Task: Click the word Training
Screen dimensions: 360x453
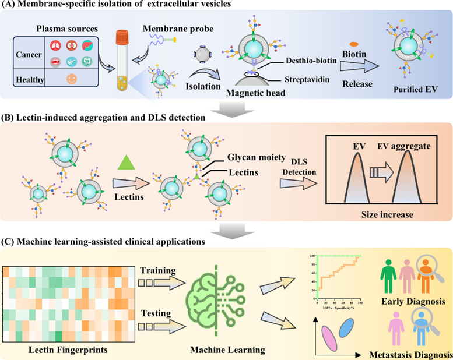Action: [x=156, y=271]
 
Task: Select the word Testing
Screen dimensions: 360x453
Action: [x=156, y=313]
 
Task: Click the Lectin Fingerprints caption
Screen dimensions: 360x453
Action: [x=69, y=351]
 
